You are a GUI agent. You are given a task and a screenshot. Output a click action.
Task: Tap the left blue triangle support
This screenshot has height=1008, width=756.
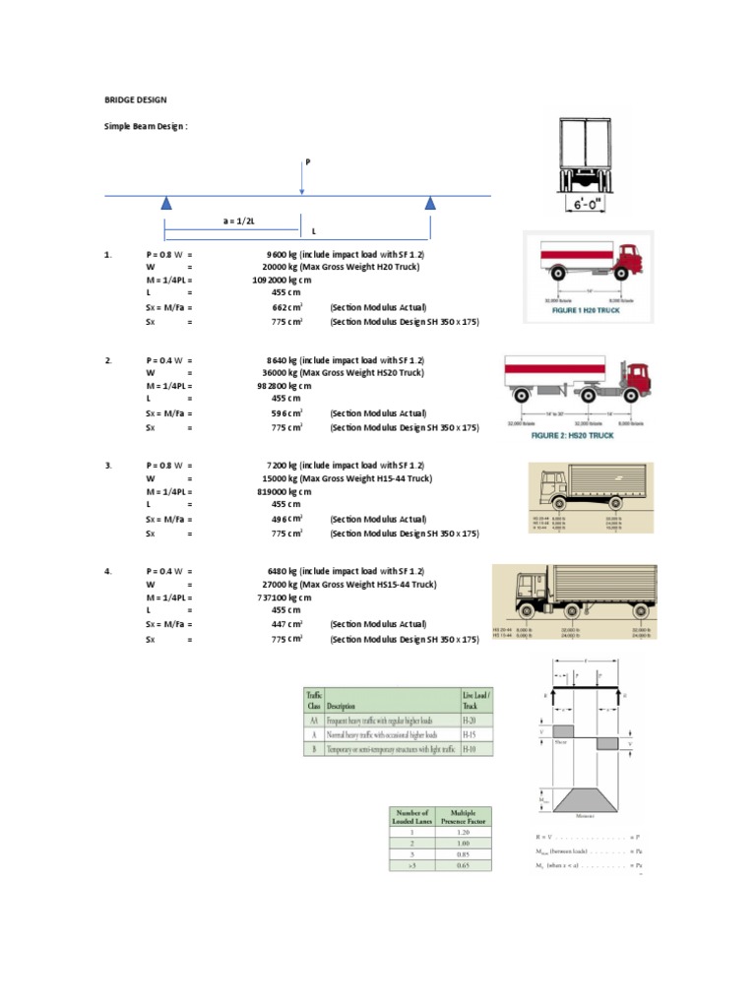point(166,204)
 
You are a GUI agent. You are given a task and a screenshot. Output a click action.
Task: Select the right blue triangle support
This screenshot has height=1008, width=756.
point(430,204)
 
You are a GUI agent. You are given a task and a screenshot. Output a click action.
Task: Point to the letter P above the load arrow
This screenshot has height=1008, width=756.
point(305,159)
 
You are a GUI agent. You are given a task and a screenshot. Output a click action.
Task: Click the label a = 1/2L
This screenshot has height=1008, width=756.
point(238,221)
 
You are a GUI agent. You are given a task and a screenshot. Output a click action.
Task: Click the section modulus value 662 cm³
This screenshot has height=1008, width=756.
point(287,306)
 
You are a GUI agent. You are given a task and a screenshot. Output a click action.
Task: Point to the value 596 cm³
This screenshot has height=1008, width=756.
point(287,413)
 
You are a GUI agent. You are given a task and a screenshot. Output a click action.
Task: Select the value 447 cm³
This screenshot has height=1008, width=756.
point(287,624)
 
